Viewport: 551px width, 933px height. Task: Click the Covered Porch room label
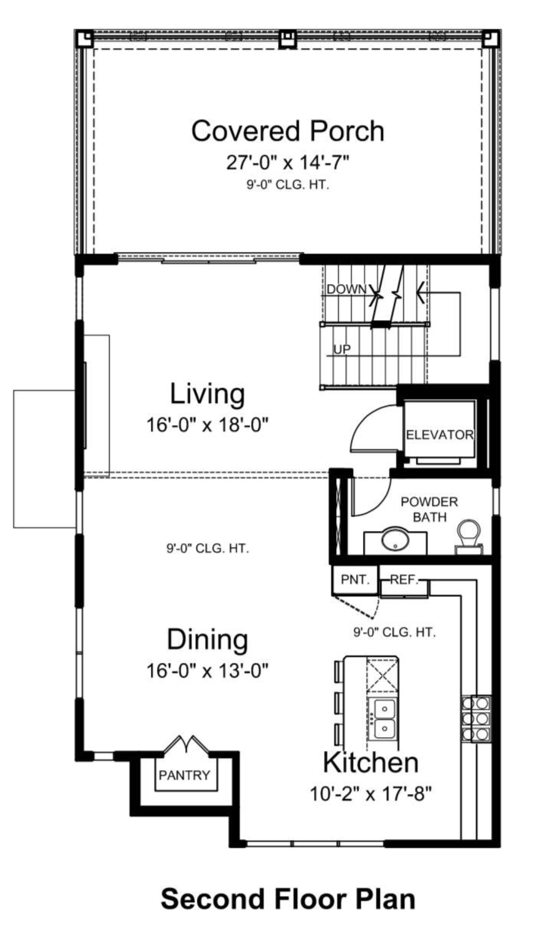point(288,131)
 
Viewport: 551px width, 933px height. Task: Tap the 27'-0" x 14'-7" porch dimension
point(288,163)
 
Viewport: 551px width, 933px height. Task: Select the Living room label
point(207,394)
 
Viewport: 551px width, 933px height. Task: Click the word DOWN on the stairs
point(347,289)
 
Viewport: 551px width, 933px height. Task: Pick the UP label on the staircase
point(342,349)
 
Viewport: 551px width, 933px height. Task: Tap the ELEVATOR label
point(439,435)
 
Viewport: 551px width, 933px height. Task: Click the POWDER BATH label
point(429,509)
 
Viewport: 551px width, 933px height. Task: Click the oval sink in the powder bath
point(396,539)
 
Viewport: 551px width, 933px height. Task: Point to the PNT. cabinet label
point(355,580)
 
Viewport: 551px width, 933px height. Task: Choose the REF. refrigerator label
point(404,580)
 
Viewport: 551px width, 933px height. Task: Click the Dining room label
point(207,640)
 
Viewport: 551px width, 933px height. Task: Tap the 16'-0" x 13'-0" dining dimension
point(207,671)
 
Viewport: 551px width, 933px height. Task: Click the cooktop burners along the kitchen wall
point(476,718)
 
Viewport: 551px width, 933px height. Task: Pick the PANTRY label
point(184,775)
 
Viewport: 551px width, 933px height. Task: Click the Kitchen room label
point(371,762)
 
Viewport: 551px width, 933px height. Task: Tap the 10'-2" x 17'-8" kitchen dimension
point(371,794)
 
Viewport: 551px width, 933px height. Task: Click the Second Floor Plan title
point(288,899)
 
